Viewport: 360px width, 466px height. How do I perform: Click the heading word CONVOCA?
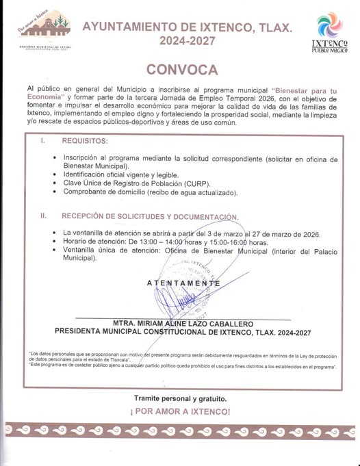tap(181, 70)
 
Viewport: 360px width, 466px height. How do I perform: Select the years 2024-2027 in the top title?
tap(187, 41)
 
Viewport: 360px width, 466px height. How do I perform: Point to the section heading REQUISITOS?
tap(85, 140)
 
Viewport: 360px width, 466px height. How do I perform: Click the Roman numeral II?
tap(43, 216)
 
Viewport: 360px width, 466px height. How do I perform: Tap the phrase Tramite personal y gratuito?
tap(179, 398)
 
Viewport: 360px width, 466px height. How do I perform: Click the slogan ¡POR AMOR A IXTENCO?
tap(179, 412)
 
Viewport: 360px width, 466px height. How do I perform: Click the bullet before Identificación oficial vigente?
tap(55, 175)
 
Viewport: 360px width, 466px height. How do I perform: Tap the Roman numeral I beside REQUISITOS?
tap(43, 140)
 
